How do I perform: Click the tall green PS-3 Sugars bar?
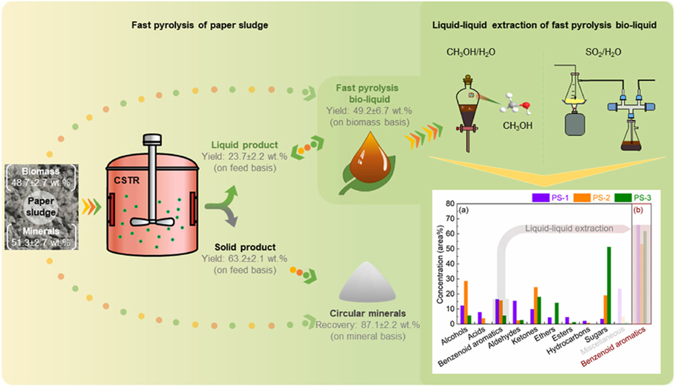609,285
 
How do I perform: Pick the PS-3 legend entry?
633,198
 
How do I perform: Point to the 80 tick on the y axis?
450,204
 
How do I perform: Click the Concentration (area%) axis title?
440,264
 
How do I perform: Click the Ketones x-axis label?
524,336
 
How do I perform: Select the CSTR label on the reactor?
127,180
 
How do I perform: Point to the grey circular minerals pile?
367,283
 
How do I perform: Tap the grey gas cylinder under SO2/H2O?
574,124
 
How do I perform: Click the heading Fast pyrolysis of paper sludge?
200,25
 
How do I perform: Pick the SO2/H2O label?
603,52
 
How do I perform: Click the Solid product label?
245,247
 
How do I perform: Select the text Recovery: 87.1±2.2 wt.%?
367,325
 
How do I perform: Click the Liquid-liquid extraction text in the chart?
569,228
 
